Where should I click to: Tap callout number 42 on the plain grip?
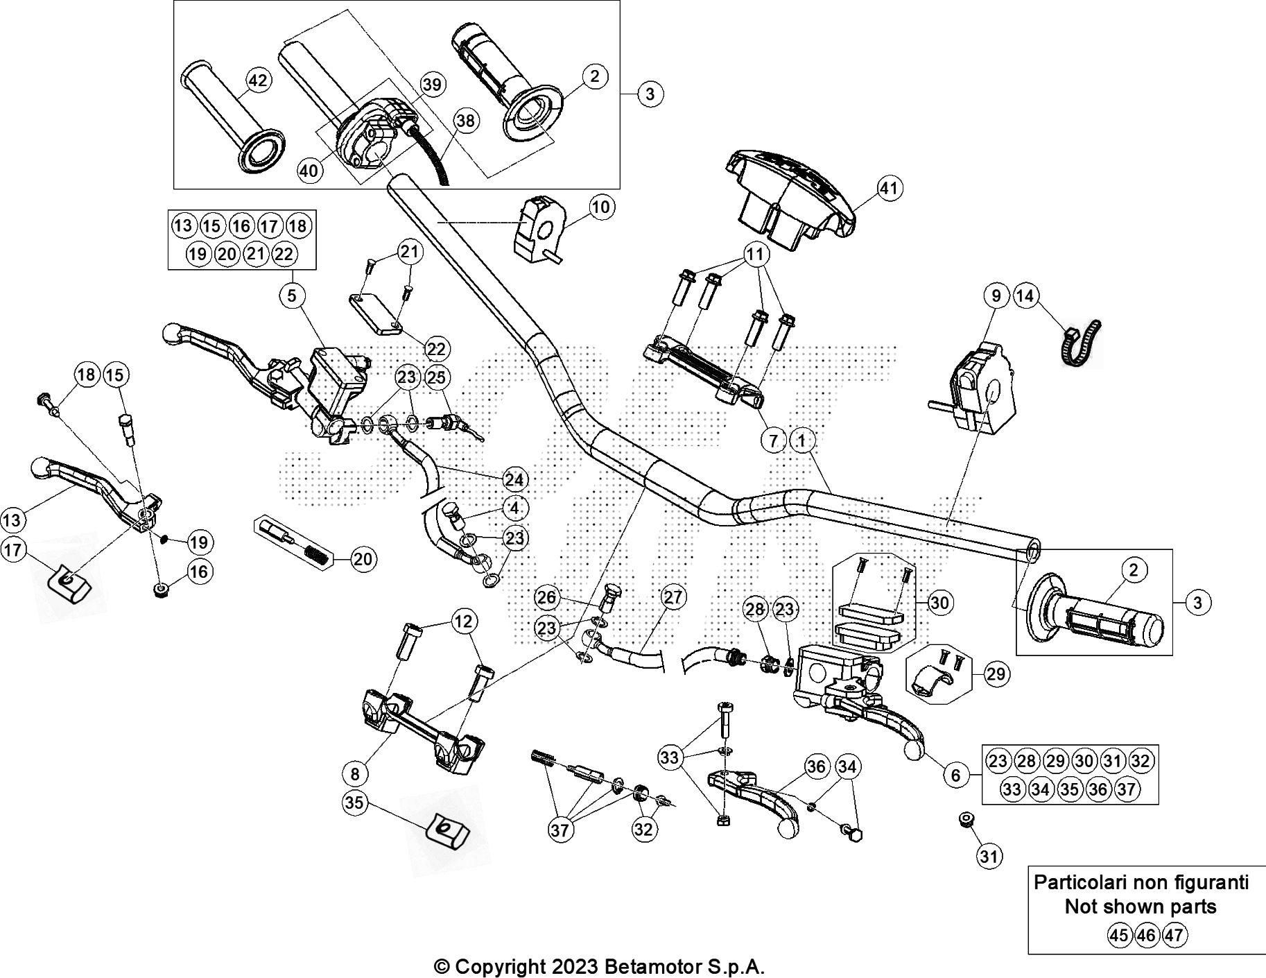(x=257, y=81)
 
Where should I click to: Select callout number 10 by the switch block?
(x=600, y=207)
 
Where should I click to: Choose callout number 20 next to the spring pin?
(x=363, y=559)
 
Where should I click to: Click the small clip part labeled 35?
(x=446, y=829)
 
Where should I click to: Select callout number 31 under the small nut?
(x=989, y=857)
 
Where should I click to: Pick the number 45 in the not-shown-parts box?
(x=1118, y=935)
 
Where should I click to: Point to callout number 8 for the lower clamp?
(x=356, y=773)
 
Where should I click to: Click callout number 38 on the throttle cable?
(x=466, y=121)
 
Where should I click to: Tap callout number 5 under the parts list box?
(x=291, y=295)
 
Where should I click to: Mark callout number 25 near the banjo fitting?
(x=436, y=377)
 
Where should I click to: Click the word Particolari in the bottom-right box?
(x=1078, y=882)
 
